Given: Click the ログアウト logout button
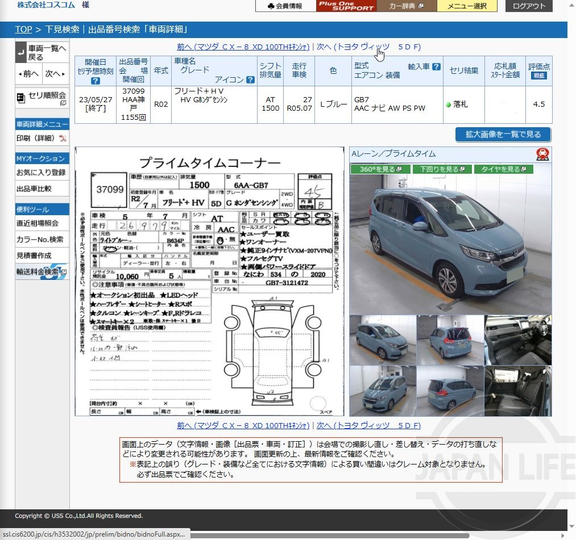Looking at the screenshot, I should (529, 6).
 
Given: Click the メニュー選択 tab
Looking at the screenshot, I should (467, 6).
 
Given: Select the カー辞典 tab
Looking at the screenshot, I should (406, 6).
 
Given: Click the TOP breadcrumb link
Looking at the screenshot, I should (23, 30).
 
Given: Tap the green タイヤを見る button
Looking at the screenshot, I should (504, 169).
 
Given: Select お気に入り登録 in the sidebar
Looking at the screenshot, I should (41, 172).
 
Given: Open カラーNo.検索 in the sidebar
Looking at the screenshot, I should (40, 240).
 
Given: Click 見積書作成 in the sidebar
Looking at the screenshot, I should (34, 256).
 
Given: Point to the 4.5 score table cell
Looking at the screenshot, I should (539, 104).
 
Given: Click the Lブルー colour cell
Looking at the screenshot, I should (334, 104).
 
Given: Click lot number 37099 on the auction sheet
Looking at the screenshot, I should (110, 190).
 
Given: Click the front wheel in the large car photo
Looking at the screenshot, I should (449, 281).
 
